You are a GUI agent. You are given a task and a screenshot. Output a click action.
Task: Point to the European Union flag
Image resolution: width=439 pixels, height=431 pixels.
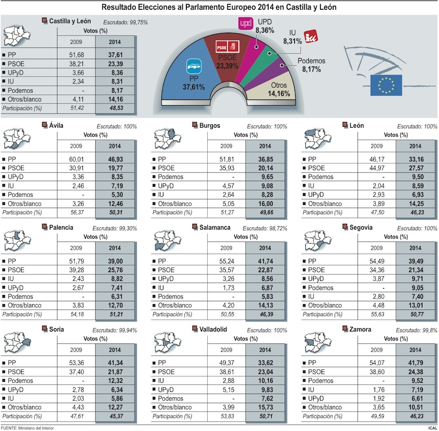point(386,84)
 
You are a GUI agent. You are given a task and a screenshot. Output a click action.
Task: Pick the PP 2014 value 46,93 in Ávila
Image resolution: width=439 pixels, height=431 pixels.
point(115,159)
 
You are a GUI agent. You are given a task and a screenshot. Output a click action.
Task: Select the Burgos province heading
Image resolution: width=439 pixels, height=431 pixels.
point(209,126)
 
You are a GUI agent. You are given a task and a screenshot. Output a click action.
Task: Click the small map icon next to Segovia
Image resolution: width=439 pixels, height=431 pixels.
point(317,240)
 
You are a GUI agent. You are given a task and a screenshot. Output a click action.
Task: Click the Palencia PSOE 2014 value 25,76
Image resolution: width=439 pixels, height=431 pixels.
point(115,270)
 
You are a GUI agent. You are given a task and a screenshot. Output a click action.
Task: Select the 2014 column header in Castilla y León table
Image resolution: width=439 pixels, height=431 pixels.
point(115,41)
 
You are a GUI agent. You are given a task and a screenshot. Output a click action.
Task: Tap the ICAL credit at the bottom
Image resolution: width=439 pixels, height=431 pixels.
point(432,428)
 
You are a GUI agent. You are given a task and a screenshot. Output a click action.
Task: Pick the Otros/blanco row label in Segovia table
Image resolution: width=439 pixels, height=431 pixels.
point(325,305)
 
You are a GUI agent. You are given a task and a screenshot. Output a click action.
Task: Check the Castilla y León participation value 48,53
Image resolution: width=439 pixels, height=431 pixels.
point(115,107)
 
